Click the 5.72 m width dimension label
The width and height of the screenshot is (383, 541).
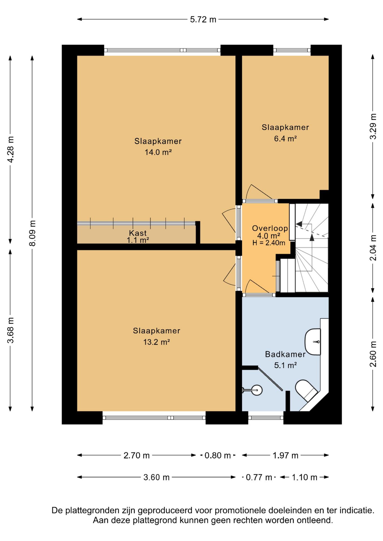pos(203,19)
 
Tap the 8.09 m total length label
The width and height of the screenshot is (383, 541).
pos(32,233)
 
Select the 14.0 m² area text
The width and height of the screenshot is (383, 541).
pos(158,152)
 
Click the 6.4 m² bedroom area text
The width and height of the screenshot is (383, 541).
pos(285,138)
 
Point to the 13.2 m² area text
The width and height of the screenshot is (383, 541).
pos(157,342)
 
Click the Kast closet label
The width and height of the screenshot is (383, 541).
pos(138,233)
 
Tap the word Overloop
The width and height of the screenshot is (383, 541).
pos(270,228)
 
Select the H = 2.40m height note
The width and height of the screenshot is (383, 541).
pos(269,243)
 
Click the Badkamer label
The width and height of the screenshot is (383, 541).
pos(285,354)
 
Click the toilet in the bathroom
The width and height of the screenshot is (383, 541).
pos(306,391)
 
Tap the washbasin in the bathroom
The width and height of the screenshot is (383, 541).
pos(313,342)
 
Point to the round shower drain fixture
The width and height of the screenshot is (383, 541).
pos(257,390)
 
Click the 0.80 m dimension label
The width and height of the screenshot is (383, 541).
pos(218,455)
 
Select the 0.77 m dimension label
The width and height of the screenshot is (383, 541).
pos(259,477)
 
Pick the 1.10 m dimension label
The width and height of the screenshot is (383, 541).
pos(305,477)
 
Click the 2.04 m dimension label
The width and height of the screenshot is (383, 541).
pos(373,248)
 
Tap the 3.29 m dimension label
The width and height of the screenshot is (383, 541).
pos(373,126)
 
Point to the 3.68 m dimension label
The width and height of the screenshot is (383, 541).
pos(10,330)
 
